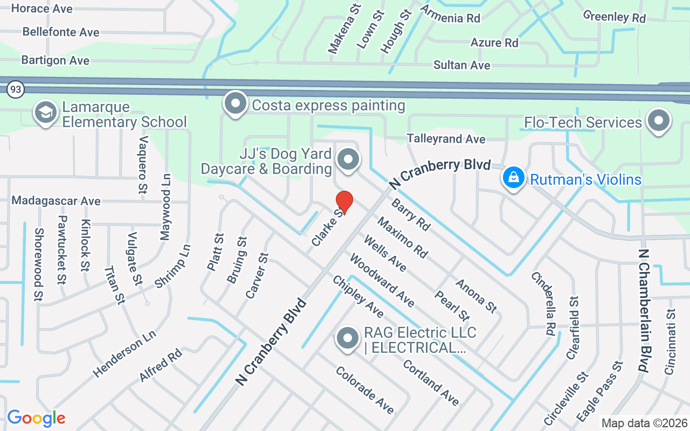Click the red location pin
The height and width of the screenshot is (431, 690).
[x=344, y=203]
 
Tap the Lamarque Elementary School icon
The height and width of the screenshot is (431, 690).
[x=46, y=112]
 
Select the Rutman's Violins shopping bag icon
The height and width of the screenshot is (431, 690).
[x=514, y=177]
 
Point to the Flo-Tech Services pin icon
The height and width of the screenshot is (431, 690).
[x=658, y=121]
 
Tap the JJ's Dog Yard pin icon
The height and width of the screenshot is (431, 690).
[x=348, y=159]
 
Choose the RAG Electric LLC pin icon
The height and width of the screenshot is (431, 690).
[x=348, y=338]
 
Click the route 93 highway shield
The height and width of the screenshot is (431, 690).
[x=16, y=89]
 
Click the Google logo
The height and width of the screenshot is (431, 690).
[x=36, y=418]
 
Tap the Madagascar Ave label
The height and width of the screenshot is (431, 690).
[x=56, y=201]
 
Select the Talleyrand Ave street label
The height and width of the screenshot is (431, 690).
[x=446, y=139]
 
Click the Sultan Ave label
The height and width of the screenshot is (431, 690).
[x=462, y=65]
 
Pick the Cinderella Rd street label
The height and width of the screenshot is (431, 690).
[x=543, y=303]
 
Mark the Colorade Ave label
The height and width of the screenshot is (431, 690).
[x=364, y=390]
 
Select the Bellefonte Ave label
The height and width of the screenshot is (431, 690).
[x=61, y=32]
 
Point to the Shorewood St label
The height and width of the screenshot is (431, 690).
[x=39, y=265]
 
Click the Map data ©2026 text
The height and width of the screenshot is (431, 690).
[x=644, y=423]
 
